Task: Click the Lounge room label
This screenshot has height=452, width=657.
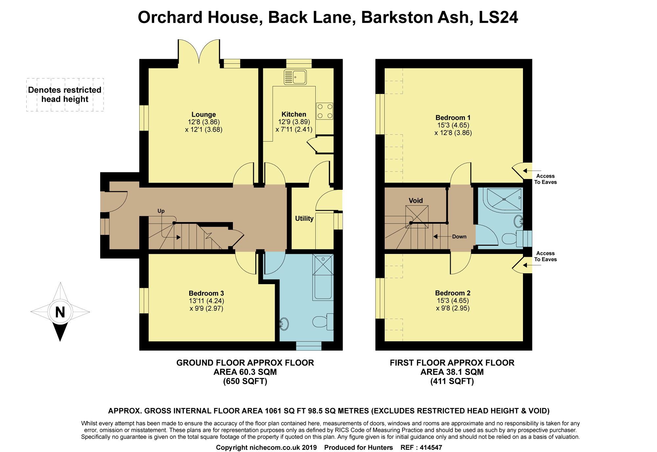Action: pos(204,115)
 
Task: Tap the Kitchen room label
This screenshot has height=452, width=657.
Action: pos(294,114)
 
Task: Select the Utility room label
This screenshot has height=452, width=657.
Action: pos(304,219)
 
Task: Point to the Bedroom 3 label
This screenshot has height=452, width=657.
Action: pos(206,293)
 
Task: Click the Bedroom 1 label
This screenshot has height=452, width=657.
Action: pos(453,118)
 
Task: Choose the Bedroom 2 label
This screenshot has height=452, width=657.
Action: pos(453,293)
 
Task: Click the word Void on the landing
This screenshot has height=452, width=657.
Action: pos(416,200)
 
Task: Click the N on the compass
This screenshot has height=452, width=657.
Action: pos(60,312)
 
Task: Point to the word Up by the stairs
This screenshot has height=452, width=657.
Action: pos(161,211)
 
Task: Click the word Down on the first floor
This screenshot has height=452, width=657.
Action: pos(459,237)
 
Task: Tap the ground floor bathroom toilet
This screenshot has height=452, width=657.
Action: pos(323,322)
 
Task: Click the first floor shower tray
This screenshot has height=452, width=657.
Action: pos(502,198)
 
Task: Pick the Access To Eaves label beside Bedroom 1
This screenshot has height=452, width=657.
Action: pos(545,179)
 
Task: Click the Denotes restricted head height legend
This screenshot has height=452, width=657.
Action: pos(65,95)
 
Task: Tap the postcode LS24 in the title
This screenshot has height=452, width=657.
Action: pos(498,17)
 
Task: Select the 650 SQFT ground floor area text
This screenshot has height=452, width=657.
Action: pos(245,381)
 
